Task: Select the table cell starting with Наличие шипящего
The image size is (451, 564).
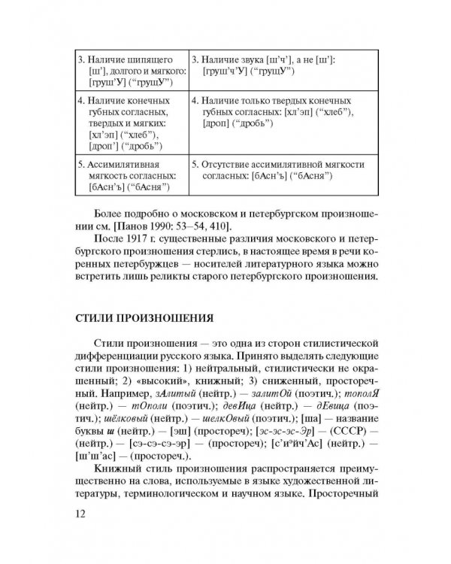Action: tap(130, 71)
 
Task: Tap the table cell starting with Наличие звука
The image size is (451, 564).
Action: tap(278, 65)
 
